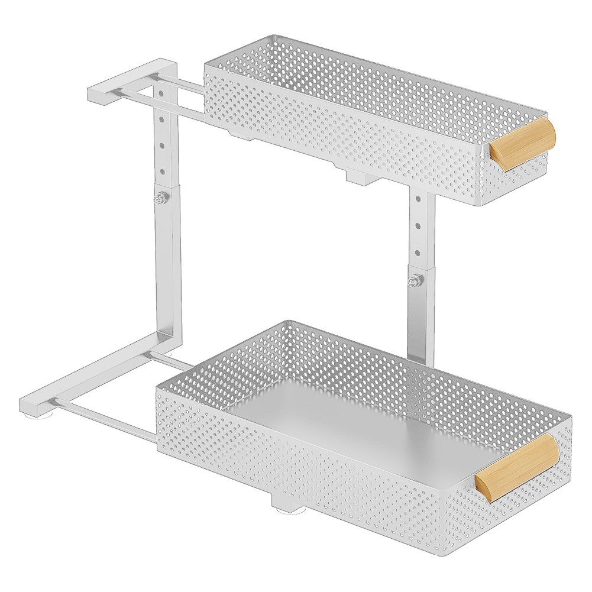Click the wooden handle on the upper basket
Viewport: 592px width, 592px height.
click(x=523, y=144)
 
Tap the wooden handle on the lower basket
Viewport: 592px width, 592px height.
click(x=517, y=467)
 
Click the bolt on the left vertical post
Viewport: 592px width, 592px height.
click(x=158, y=199)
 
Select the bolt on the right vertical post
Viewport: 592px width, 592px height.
click(x=413, y=280)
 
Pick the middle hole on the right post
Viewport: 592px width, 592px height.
click(x=418, y=225)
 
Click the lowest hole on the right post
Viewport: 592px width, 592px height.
click(x=417, y=253)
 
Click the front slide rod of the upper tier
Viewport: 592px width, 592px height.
click(x=160, y=103)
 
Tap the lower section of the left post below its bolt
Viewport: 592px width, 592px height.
click(x=167, y=266)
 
